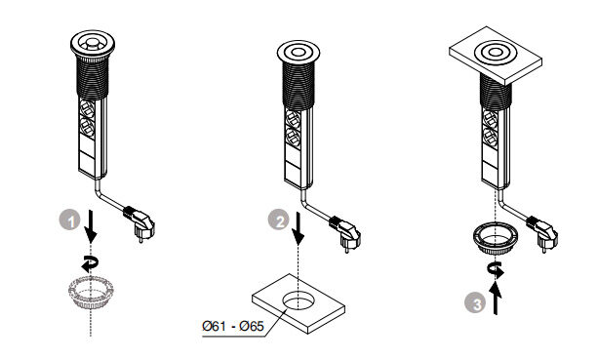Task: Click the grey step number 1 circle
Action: (70, 220)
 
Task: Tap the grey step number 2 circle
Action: (278, 220)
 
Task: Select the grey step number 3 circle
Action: (475, 303)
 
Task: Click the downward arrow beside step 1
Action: (91, 225)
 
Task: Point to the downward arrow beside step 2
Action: (299, 228)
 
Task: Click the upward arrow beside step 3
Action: (495, 299)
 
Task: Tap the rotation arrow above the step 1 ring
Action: (91, 263)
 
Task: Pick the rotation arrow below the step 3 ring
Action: (496, 270)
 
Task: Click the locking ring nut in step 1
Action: (91, 292)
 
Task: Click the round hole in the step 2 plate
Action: (299, 300)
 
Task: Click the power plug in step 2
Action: (346, 232)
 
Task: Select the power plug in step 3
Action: (542, 232)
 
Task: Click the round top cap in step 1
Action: (93, 44)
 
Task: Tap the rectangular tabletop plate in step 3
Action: (496, 56)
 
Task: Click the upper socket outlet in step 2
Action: (293, 119)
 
